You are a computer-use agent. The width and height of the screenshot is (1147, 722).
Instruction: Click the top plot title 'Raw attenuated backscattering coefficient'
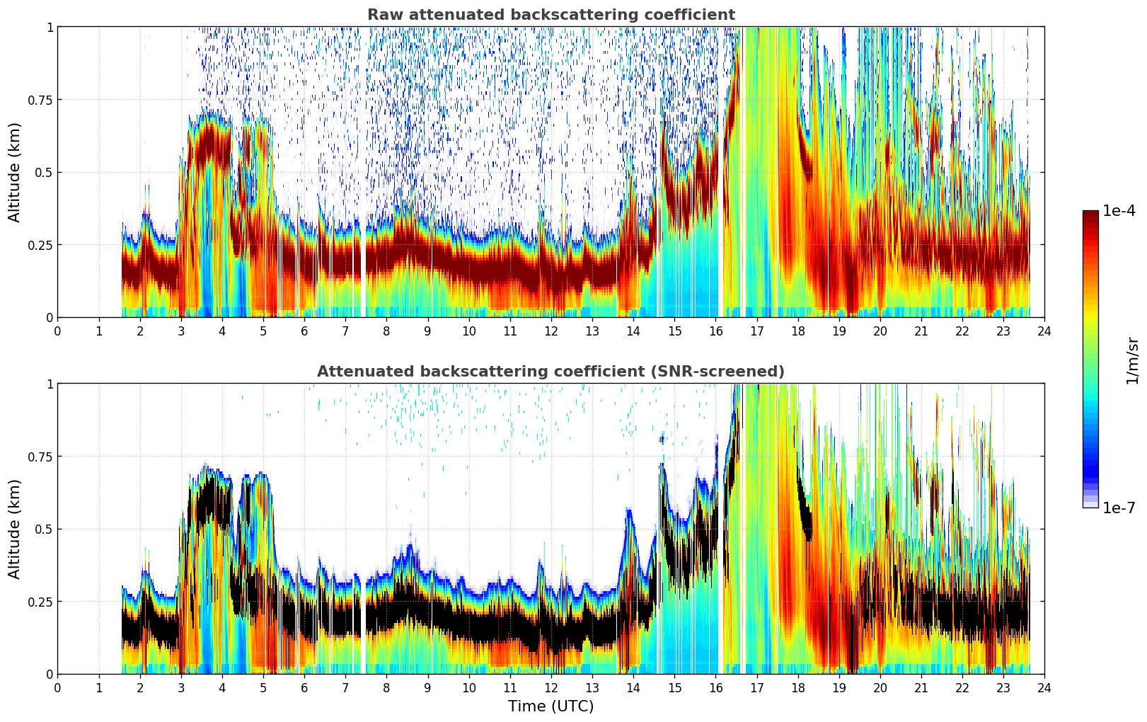tap(551, 15)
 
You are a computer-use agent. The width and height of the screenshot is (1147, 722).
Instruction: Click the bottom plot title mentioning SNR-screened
tap(551, 372)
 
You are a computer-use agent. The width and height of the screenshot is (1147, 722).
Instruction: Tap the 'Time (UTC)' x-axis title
tap(551, 706)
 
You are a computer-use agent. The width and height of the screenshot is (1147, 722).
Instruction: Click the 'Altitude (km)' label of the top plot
tap(15, 172)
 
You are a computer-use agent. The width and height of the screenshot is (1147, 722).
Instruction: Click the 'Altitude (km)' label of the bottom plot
tap(15, 529)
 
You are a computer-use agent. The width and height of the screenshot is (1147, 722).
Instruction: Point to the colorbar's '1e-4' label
tap(1119, 211)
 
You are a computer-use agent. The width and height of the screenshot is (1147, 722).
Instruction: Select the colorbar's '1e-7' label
tap(1119, 508)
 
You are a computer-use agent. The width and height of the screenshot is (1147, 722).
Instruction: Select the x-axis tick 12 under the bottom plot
tap(551, 688)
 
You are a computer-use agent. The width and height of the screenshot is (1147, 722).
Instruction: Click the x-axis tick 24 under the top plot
tap(1044, 331)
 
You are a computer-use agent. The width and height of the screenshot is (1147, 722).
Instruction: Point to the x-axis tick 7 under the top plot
tap(345, 331)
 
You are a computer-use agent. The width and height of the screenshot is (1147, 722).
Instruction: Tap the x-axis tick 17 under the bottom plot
tap(756, 688)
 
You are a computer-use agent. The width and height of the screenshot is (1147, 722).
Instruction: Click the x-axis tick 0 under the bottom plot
tap(58, 688)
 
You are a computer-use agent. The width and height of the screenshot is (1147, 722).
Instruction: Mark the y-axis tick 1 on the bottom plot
tap(50, 384)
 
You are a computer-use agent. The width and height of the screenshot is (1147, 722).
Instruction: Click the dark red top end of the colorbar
tap(1090, 214)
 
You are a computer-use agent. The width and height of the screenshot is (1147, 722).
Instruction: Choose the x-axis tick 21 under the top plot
tap(921, 331)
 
